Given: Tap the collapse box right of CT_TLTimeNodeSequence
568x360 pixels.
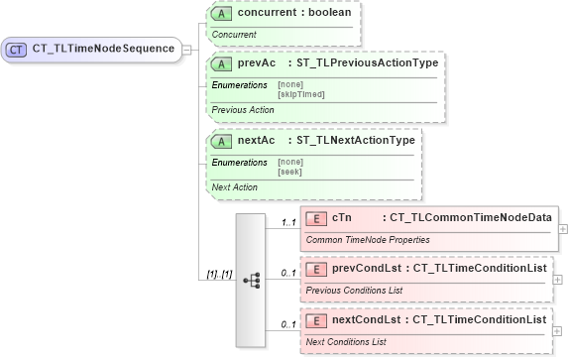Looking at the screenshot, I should [188, 48].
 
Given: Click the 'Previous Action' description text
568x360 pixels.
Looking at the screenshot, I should [243, 110].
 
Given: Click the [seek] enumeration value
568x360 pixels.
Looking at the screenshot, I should [290, 172].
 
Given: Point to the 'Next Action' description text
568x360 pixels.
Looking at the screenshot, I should [235, 187].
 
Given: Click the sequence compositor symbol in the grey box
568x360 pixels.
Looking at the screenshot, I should [250, 280].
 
